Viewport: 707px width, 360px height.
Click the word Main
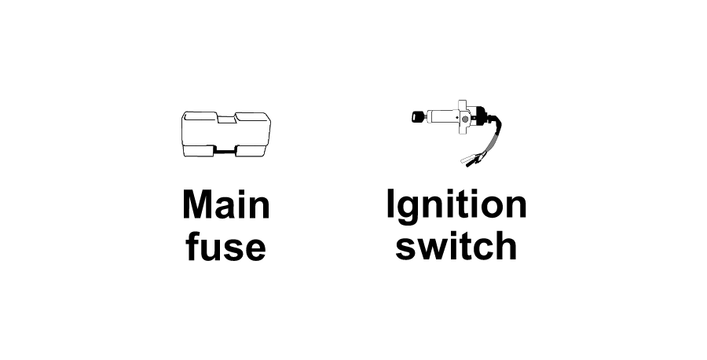226,204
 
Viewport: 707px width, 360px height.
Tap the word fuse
225,246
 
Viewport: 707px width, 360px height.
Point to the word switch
456,246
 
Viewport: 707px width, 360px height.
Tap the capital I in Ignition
390,204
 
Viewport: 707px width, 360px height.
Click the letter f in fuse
192,246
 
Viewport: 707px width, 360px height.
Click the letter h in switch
507,246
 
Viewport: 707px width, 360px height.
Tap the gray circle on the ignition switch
465,119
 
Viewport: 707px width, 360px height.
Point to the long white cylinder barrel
443,117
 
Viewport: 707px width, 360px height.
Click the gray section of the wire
491,141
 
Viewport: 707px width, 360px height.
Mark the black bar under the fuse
225,152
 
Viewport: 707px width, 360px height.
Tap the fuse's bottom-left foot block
199,151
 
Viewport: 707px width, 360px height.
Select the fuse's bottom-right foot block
252,151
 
